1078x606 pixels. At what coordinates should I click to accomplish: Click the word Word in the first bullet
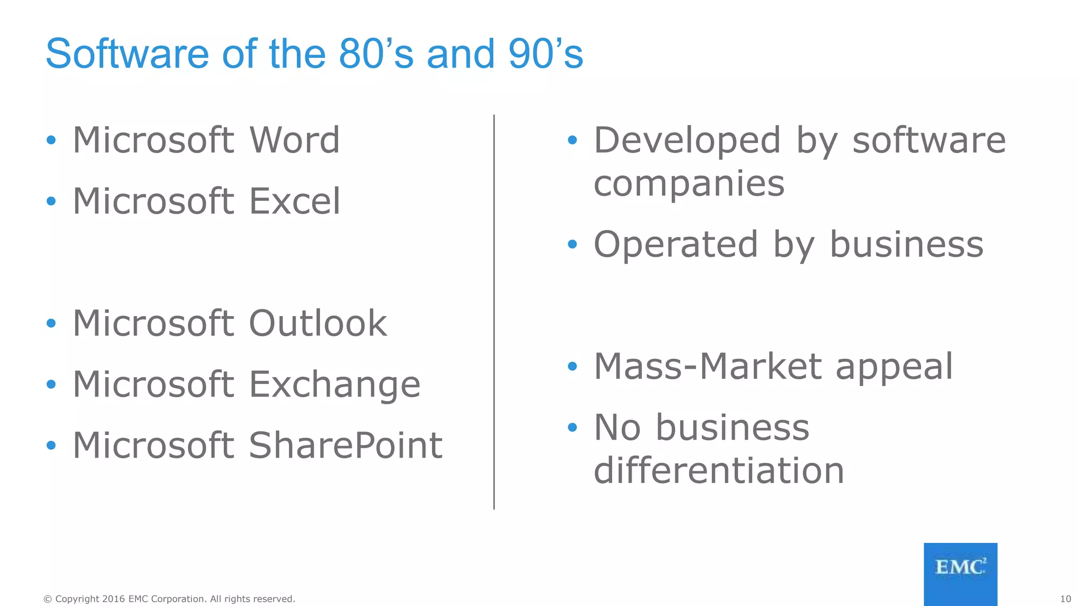click(x=295, y=140)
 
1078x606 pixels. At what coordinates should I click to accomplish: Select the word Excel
click(x=295, y=201)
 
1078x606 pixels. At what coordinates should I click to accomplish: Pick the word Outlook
click(x=318, y=324)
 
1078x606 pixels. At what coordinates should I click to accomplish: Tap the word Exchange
click(x=335, y=385)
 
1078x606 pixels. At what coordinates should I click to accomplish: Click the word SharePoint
click(x=345, y=446)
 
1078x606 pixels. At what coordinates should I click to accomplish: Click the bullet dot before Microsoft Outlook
click(x=51, y=323)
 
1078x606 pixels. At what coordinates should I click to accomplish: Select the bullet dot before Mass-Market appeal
click(x=573, y=366)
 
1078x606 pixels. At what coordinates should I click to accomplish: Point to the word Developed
click(x=687, y=140)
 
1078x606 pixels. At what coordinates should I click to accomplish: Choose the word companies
click(x=689, y=184)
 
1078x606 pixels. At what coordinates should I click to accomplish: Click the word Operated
click(x=676, y=245)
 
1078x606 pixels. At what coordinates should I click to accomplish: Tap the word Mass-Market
click(x=707, y=367)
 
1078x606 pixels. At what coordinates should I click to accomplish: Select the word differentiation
click(x=719, y=470)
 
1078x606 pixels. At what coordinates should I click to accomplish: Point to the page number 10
click(x=1065, y=599)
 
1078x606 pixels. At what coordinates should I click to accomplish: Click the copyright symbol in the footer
click(x=47, y=599)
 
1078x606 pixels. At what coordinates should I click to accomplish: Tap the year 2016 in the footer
click(x=114, y=599)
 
